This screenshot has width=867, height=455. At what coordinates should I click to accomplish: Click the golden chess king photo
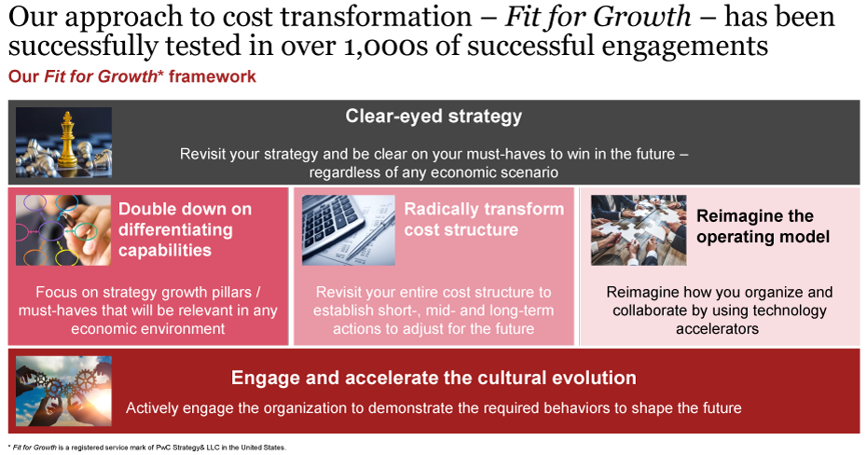point(63,142)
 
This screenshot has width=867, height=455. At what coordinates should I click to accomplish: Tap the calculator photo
point(349,230)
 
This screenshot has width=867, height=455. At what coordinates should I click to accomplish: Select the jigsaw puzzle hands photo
point(639,230)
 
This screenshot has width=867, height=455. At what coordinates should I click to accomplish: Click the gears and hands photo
point(63,391)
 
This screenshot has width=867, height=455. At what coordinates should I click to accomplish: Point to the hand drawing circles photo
point(63,230)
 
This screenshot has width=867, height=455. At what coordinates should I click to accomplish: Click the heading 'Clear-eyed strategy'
point(433,117)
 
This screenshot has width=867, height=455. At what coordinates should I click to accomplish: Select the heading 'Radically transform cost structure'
point(484,219)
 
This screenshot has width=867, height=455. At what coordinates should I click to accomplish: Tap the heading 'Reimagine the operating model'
point(763,227)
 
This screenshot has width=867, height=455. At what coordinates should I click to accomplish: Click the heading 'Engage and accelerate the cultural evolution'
point(433,378)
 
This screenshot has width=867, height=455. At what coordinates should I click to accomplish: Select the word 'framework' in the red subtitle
point(213,76)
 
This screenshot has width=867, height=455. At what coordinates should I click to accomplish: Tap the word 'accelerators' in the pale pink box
point(717,329)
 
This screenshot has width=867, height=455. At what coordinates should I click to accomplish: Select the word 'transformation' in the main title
point(377,17)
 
